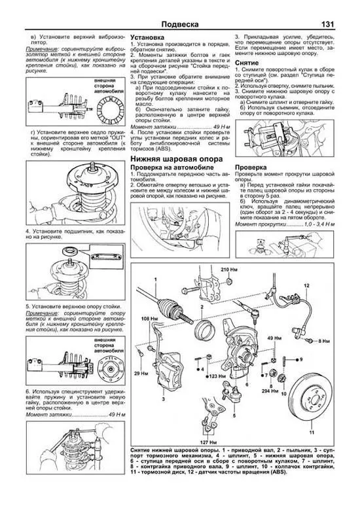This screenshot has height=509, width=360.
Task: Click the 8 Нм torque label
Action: (x=323, y=341)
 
